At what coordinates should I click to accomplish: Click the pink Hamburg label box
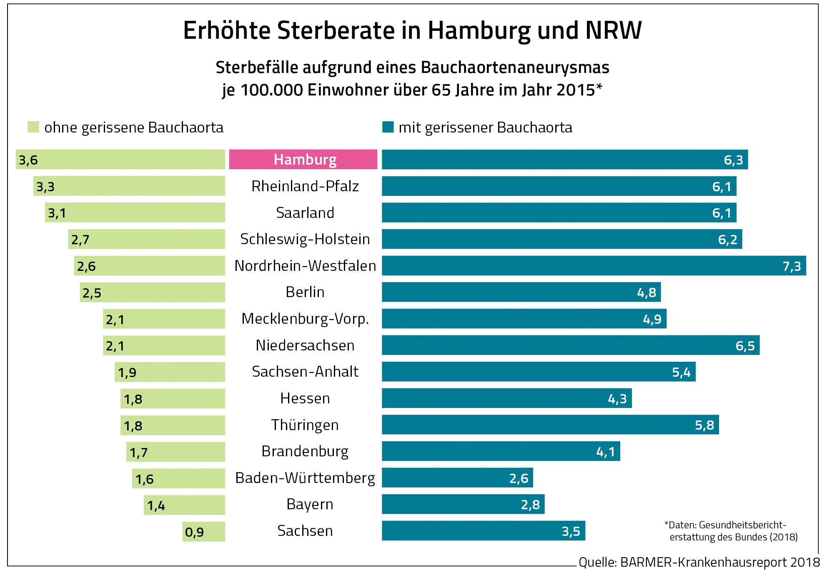click(x=303, y=159)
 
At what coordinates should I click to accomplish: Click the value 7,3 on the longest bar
click(x=792, y=266)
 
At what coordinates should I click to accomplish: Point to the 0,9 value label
click(x=194, y=532)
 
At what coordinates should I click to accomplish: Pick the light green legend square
click(x=33, y=127)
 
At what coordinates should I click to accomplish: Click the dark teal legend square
click(x=388, y=127)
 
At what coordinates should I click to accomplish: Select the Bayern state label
click(x=310, y=504)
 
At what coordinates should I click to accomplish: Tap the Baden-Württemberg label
click(x=305, y=478)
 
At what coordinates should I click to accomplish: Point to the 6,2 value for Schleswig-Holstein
click(x=727, y=239)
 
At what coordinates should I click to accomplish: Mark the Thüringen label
click(x=305, y=425)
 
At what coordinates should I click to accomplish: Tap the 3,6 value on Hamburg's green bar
click(x=28, y=160)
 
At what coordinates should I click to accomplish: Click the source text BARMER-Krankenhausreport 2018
click(x=720, y=562)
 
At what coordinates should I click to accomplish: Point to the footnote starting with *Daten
click(x=730, y=530)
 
